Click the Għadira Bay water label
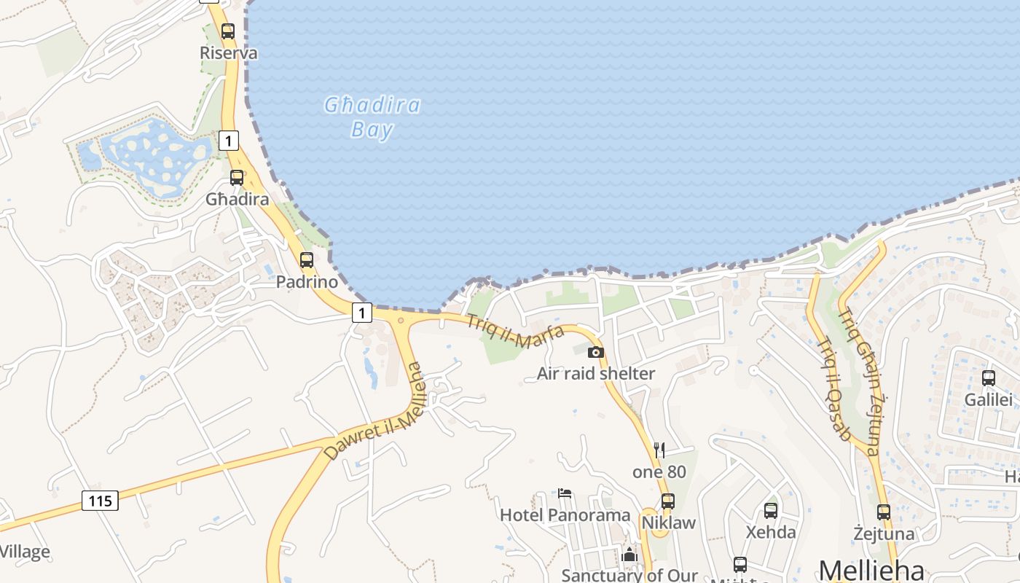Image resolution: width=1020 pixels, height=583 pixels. pyautogui.click(x=372, y=117)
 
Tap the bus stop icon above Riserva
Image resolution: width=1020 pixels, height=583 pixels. pyautogui.click(x=228, y=31)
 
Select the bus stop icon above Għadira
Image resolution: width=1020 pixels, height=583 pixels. pyautogui.click(x=237, y=177)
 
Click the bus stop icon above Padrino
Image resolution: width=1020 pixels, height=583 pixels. pyautogui.click(x=307, y=260)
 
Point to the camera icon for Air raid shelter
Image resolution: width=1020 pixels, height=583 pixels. pyautogui.click(x=596, y=353)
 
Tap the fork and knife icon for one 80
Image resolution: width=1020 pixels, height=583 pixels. pyautogui.click(x=659, y=450)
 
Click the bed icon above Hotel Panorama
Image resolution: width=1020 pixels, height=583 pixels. pyautogui.click(x=565, y=493)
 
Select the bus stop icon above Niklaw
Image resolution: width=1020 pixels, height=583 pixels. pyautogui.click(x=668, y=501)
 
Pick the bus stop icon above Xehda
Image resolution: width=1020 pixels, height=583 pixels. pyautogui.click(x=771, y=511)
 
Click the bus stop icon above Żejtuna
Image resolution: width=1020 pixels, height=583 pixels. pyautogui.click(x=884, y=512)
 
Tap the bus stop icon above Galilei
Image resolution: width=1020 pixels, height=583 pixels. pyautogui.click(x=989, y=378)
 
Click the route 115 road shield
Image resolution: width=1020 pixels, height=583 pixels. pyautogui.click(x=100, y=501)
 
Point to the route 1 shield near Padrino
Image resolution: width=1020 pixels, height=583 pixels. pyautogui.click(x=362, y=313)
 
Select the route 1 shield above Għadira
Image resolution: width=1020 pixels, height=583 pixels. pyautogui.click(x=229, y=141)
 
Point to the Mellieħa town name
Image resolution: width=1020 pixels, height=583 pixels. pyautogui.click(x=872, y=570)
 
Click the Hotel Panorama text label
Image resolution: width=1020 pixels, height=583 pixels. pyautogui.click(x=565, y=515)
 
